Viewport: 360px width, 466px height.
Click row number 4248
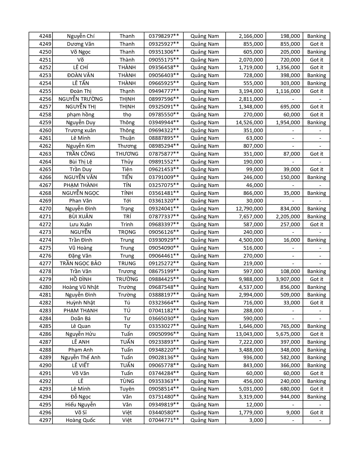click(x=45, y=36)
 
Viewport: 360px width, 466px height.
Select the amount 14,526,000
click(x=249, y=123)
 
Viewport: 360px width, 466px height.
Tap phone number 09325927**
click(x=164, y=44)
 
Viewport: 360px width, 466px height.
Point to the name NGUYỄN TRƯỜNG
click(x=81, y=99)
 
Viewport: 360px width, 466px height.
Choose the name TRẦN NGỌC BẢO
click(x=81, y=264)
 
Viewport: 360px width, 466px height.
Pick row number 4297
click(x=45, y=420)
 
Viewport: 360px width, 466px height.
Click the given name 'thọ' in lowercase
click(x=127, y=115)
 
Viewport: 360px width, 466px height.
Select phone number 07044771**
click(x=164, y=420)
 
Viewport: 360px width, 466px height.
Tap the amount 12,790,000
click(x=249, y=209)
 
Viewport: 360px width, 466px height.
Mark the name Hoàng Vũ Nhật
click(x=81, y=287)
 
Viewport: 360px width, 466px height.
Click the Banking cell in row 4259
click(x=317, y=123)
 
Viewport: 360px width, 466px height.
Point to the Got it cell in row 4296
click(x=317, y=413)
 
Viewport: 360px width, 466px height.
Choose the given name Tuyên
click(x=127, y=389)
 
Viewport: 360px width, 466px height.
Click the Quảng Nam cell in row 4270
click(x=205, y=209)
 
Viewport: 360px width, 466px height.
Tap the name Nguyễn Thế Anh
click(x=81, y=358)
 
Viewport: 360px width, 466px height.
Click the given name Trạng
click(x=127, y=209)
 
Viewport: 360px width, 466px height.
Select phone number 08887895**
click(x=164, y=138)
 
